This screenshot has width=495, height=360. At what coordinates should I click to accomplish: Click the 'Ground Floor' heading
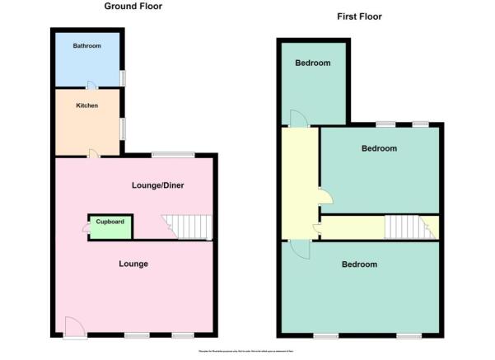tap(133, 7)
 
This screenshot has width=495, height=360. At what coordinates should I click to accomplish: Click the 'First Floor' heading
tap(359, 16)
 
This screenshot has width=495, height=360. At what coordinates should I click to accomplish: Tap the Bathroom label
tap(86, 46)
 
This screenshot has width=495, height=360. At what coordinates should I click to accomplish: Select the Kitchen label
tap(88, 105)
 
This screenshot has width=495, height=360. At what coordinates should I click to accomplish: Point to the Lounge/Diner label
tap(157, 185)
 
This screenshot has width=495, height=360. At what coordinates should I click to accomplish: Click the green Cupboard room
tap(110, 225)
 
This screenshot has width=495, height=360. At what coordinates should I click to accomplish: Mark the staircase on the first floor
tap(408, 227)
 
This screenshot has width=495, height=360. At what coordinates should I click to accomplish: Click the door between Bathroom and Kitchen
tap(92, 85)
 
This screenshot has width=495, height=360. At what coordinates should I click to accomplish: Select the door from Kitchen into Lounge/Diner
tap(95, 153)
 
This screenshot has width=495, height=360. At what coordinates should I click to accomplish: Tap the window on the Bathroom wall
tap(124, 77)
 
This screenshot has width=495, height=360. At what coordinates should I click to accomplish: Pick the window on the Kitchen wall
tap(124, 128)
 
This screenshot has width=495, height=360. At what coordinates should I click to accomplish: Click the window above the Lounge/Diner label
tap(173, 155)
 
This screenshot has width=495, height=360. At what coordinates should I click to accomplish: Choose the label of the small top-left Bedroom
tap(313, 63)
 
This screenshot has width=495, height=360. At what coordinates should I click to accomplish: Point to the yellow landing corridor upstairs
tap(300, 181)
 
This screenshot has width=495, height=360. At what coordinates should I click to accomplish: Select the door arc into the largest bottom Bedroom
tap(299, 249)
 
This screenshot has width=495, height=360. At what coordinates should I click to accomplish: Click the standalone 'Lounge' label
tap(133, 264)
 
